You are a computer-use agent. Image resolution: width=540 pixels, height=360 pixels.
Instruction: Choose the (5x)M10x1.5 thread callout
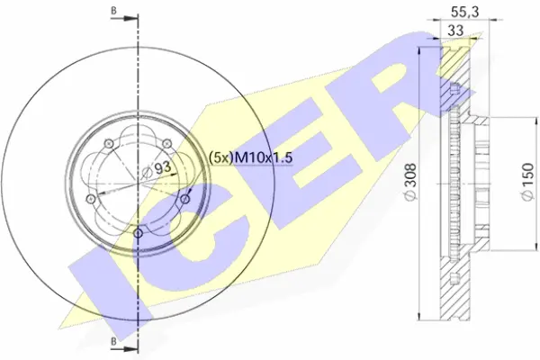tap(251, 157)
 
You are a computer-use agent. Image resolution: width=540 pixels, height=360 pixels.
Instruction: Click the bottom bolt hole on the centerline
tap(137, 233)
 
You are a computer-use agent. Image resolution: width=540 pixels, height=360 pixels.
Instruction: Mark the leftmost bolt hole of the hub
tap(91, 199)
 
